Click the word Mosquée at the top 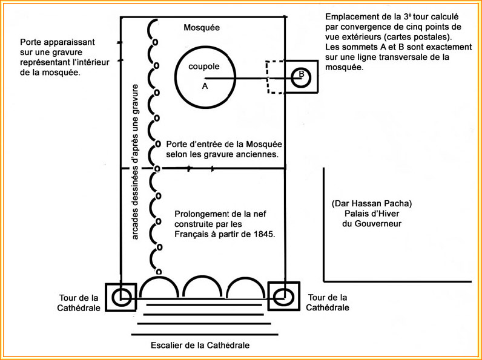202,28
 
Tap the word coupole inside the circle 203,67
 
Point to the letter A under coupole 205,87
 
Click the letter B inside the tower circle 301,75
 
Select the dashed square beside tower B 275,76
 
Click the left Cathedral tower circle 121,296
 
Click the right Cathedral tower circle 283,296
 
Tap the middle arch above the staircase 202,288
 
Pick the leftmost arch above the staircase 159,288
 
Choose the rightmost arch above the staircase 245,288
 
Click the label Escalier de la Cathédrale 200,345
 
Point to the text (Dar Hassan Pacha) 372,203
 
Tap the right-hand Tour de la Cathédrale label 328,302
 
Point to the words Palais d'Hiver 372,214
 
